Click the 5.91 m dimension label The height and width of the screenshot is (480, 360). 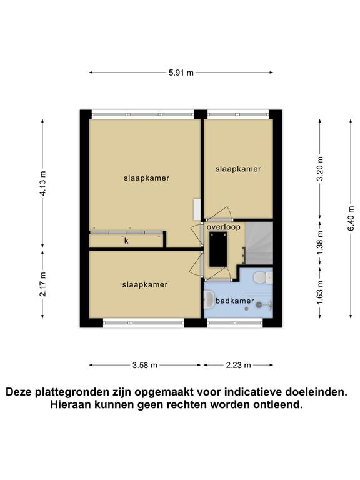coord(181,73)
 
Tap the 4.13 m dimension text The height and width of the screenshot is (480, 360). coord(43,183)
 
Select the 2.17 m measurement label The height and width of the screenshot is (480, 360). coord(43,284)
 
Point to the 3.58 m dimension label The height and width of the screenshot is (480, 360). coord(145,365)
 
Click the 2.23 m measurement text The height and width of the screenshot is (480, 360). coord(238,365)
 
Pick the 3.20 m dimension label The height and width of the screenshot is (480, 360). coord(320,169)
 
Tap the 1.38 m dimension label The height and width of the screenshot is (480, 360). coord(320,242)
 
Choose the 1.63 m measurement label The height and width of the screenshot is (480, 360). coord(320,292)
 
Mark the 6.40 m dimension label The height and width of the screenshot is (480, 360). coord(351,219)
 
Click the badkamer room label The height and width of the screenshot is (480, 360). coord(235,301)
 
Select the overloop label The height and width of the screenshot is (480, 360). coord(224,227)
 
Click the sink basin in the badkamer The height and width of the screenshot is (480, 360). coord(209,299)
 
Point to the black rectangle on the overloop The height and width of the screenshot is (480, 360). coord(218,249)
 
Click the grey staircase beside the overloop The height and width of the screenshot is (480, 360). coord(259,243)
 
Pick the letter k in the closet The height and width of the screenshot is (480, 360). coord(126,241)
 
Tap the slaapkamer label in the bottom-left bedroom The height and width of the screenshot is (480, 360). coord(145,285)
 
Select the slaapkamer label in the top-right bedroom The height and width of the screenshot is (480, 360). coord(238,169)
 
